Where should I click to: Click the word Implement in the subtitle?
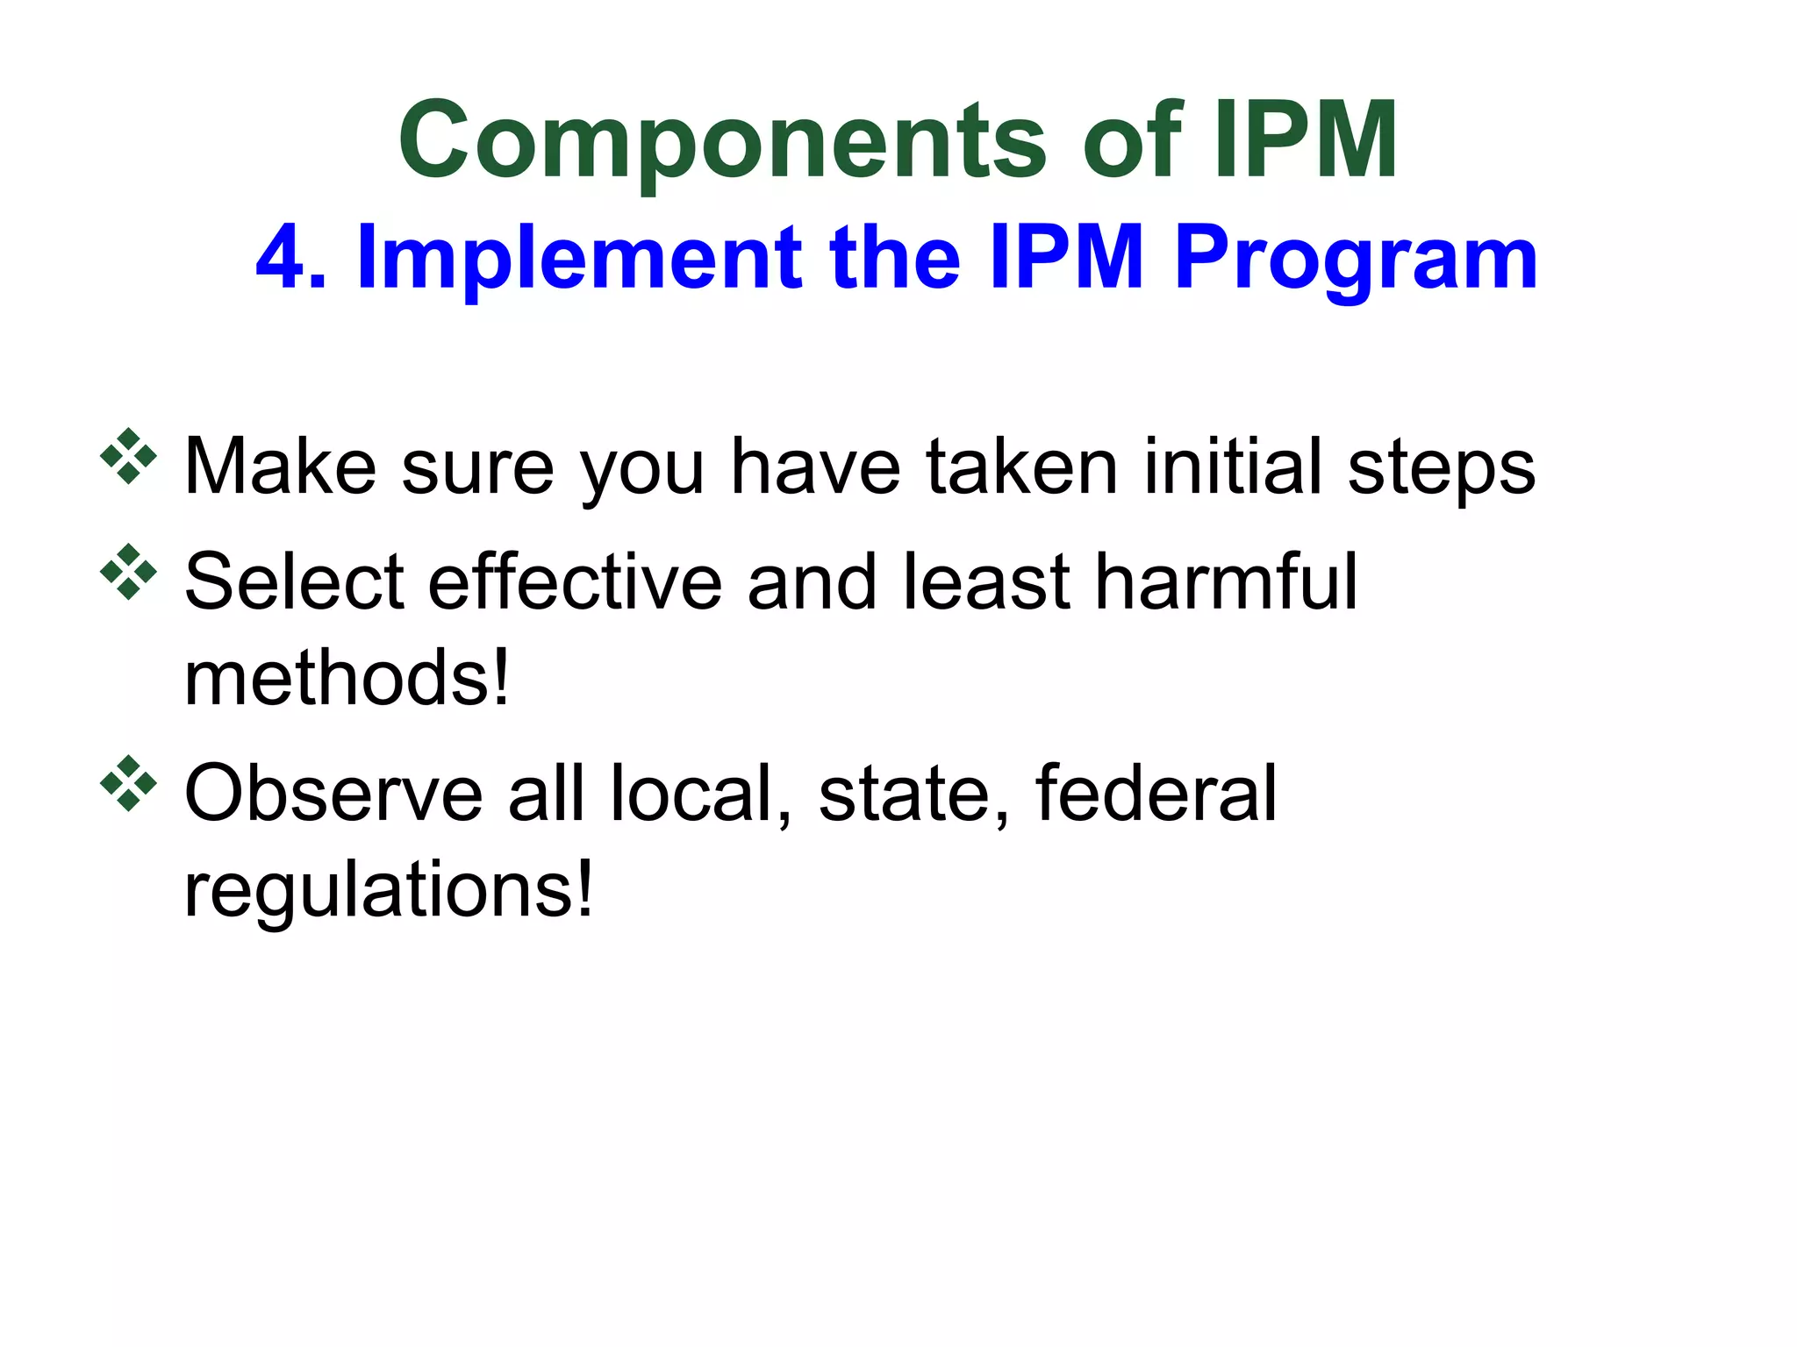tap(579, 257)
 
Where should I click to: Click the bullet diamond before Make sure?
tap(128, 456)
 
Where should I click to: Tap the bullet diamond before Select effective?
tap(128, 572)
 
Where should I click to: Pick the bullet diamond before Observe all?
tap(128, 783)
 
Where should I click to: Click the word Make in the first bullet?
tap(280, 467)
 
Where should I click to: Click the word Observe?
tap(333, 793)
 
